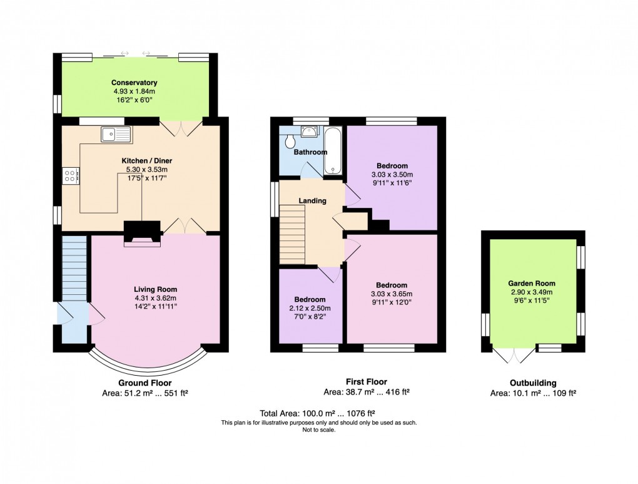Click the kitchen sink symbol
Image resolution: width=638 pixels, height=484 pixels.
tap(116, 133)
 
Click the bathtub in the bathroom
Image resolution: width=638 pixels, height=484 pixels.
tap(332, 150)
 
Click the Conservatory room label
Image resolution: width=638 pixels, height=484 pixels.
tap(134, 83)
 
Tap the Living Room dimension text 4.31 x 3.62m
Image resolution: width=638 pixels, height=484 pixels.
tap(155, 299)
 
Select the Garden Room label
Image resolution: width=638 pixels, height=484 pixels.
tap(532, 284)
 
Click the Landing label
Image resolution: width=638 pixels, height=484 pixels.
tap(312, 201)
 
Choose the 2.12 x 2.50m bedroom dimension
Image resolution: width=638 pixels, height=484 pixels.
tap(310, 308)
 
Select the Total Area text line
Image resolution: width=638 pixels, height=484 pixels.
tap(318, 413)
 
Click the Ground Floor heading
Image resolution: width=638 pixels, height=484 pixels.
tap(144, 383)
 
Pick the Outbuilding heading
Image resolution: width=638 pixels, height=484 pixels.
tap(532, 383)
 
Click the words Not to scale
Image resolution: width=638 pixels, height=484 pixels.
tap(319, 430)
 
